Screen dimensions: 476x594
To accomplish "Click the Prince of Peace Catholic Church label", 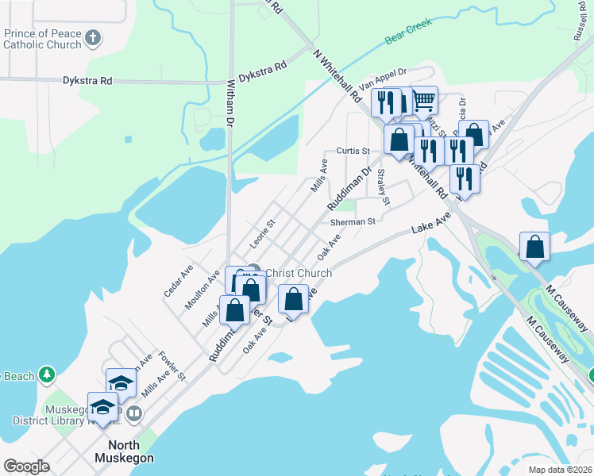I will pyautogui.click(x=43, y=39).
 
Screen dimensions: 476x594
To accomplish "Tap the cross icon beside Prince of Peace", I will pyautogui.click(x=93, y=37).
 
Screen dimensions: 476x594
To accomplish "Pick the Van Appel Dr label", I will pyautogui.click(x=382, y=78).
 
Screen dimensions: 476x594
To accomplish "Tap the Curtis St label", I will pyautogui.click(x=353, y=150).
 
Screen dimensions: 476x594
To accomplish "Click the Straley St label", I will pyautogui.click(x=384, y=187).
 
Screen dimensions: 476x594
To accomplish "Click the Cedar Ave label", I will pyautogui.click(x=178, y=281).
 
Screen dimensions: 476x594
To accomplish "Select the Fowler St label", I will pyautogui.click(x=171, y=365).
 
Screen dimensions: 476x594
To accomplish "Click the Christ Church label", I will pyautogui.click(x=298, y=273).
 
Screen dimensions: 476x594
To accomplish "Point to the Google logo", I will pyautogui.click(x=27, y=466).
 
